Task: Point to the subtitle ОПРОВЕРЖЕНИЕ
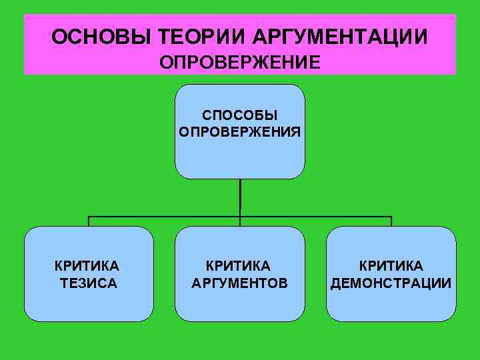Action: (240, 62)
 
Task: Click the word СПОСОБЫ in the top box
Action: (240, 116)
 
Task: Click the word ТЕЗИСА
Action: (89, 283)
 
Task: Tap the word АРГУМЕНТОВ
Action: (240, 283)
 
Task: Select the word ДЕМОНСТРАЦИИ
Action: (391, 283)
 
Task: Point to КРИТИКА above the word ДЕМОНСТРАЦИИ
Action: (391, 267)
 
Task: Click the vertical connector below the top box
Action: (240, 197)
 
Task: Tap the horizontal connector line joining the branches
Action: (167, 217)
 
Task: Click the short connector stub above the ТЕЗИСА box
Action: (89, 221)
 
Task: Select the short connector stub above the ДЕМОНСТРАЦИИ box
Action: (391, 221)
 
